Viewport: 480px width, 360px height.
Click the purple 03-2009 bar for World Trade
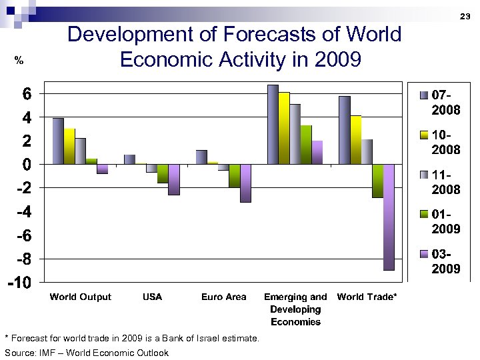[x=389, y=217]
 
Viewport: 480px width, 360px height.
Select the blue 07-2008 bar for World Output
[x=58, y=141]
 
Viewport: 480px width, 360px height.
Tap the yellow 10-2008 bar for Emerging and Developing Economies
[x=284, y=128]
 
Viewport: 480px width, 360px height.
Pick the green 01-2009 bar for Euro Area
[x=234, y=175]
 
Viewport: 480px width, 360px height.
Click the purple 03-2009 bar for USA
[x=174, y=179]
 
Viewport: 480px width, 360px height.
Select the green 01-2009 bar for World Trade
[x=378, y=181]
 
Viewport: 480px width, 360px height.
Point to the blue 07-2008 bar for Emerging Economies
[x=273, y=124]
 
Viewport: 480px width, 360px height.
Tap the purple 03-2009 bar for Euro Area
[x=245, y=183]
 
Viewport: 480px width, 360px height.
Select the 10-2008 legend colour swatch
[x=424, y=135]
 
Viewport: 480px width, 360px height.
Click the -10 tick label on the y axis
[x=19, y=283]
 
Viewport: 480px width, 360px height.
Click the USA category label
[x=152, y=297]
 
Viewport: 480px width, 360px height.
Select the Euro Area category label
[x=224, y=297]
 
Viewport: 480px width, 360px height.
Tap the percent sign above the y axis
[x=19, y=61]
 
